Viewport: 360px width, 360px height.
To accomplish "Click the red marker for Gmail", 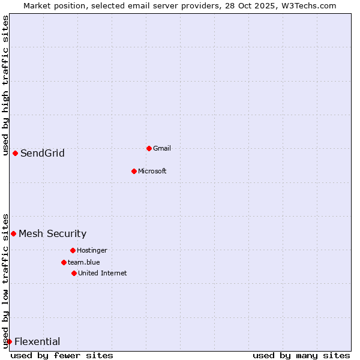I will (x=149, y=148).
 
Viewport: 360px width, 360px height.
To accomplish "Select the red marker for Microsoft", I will (x=134, y=171).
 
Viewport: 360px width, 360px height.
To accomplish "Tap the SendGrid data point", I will (x=15, y=153).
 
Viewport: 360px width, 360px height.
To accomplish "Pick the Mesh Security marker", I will (x=13, y=233).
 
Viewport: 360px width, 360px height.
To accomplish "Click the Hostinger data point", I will (x=73, y=250).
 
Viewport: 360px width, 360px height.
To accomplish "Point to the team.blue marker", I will (x=64, y=262).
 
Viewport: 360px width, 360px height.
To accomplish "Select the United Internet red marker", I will (x=74, y=273).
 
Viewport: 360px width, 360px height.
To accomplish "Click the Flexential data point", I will (x=9, y=341).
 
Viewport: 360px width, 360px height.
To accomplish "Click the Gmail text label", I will (x=162, y=148).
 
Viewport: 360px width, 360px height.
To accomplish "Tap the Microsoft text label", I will (x=152, y=171).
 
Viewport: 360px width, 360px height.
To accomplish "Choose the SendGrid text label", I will (x=43, y=153).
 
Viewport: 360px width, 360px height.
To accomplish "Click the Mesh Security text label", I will (x=52, y=233).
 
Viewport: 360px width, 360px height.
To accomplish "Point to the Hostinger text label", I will (x=92, y=250).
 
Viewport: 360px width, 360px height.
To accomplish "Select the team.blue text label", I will (x=83, y=262).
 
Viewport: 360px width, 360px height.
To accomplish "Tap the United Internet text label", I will (x=102, y=273).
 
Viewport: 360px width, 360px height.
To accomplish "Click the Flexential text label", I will (x=37, y=341).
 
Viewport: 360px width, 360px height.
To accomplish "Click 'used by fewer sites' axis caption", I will (x=62, y=355).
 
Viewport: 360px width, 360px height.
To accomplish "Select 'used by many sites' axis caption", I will (x=301, y=355).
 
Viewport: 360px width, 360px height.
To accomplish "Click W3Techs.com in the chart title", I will (x=307, y=5).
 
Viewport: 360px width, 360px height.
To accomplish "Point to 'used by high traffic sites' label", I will (x=5, y=85).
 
